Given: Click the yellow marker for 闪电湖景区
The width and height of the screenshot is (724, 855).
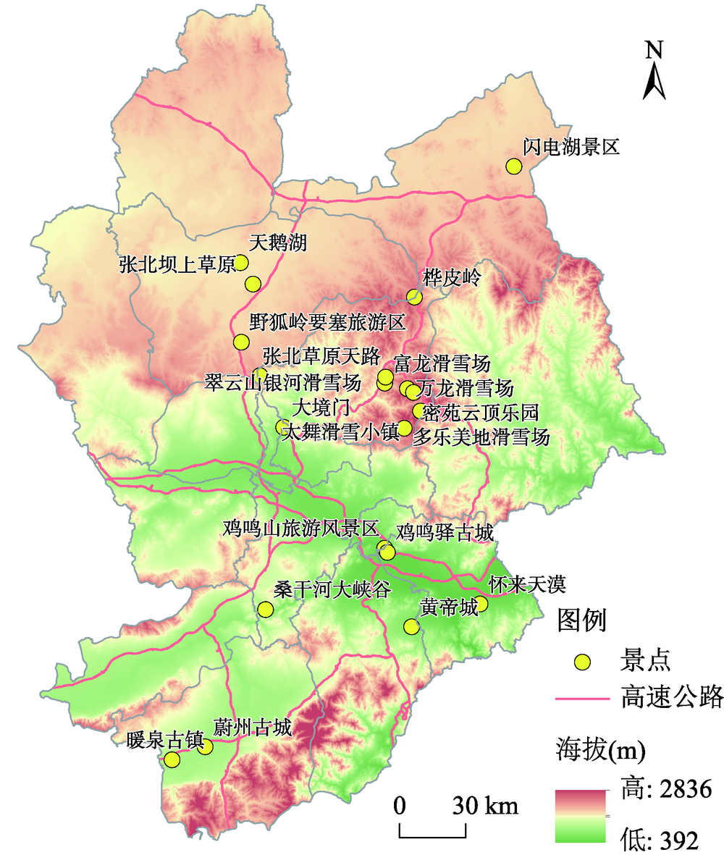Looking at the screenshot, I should click(x=513, y=166).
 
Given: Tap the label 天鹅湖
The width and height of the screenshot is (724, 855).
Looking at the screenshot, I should click(x=277, y=243).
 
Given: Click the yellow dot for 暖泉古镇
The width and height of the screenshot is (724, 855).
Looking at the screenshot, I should click(x=172, y=759).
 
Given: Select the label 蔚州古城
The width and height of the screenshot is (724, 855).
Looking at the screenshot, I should click(x=253, y=727).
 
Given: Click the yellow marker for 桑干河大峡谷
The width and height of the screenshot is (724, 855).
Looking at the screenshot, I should click(x=266, y=610).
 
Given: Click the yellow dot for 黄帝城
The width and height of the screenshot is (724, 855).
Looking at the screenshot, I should click(x=411, y=626).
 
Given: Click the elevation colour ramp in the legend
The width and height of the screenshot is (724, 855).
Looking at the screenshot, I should click(x=580, y=817).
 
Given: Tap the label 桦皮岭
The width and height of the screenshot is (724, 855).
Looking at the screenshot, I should click(x=451, y=278).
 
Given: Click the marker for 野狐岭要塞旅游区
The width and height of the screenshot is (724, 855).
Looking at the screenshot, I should click(x=241, y=342).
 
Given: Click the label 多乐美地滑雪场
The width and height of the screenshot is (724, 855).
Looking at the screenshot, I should click(x=481, y=437).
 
